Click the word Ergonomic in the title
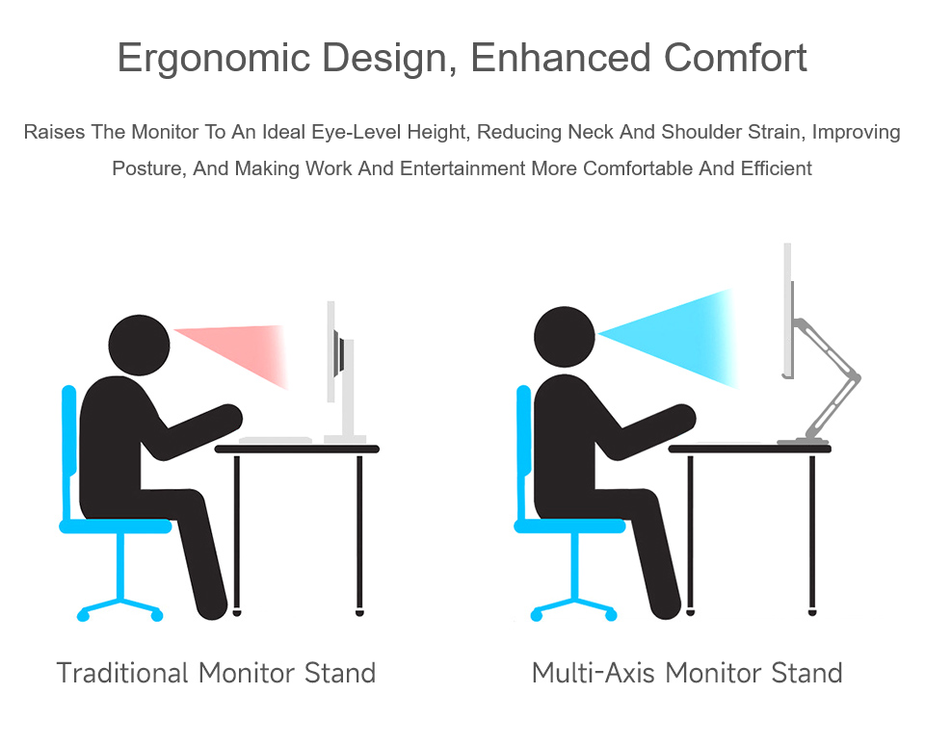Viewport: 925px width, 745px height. (x=214, y=59)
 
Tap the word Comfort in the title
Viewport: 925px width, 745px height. (x=735, y=58)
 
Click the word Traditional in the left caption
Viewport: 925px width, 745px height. (x=122, y=673)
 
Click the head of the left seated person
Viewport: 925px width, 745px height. (x=139, y=346)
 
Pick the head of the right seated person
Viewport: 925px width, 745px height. (x=565, y=337)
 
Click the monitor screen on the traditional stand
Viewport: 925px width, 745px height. (x=330, y=352)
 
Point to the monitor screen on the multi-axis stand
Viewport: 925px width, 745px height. (x=787, y=311)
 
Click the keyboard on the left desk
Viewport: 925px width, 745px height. (x=276, y=440)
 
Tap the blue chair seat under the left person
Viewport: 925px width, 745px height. (x=116, y=526)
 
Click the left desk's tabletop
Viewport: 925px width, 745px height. (x=298, y=450)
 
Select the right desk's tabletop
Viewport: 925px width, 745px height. (x=750, y=450)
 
